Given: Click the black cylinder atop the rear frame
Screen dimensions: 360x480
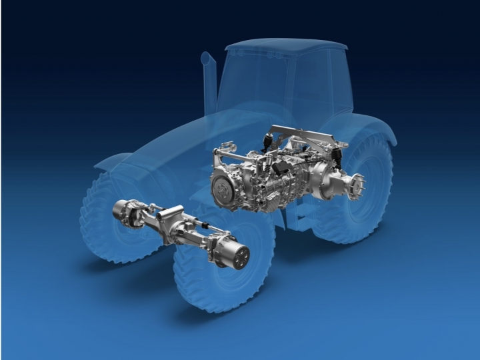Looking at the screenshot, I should [x=337, y=159].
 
